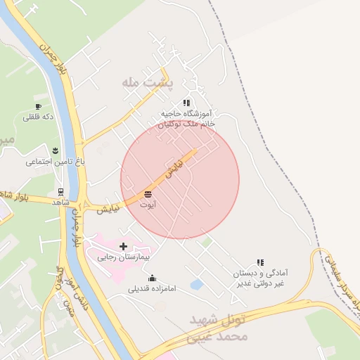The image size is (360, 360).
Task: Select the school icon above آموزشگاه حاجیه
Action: [x=186, y=103]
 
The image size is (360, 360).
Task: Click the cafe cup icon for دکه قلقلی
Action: [x=38, y=107]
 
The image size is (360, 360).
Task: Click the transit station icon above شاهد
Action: [x=60, y=192]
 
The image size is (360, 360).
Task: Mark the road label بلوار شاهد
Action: [x=17, y=195]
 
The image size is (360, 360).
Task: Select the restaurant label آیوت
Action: [x=148, y=205]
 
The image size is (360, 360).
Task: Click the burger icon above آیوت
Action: [x=148, y=194]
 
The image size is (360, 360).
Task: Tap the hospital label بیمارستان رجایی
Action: [x=125, y=258]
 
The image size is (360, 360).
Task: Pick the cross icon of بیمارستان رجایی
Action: [x=124, y=247]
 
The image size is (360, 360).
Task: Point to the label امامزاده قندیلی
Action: [x=152, y=288]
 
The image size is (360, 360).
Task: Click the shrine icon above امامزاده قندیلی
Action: [x=152, y=278]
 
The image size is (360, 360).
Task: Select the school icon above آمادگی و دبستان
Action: [x=260, y=262]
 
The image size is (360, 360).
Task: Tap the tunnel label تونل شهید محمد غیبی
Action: [x=219, y=328]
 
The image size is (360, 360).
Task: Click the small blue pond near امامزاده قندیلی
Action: [x=197, y=284]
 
